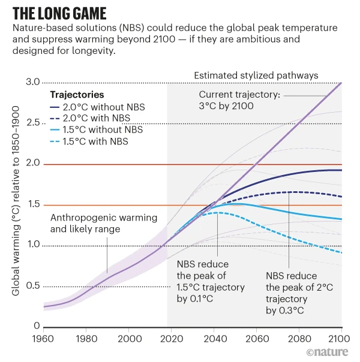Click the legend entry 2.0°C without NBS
click(100, 107)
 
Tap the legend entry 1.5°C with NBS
click(95, 141)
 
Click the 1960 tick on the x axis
click(44, 337)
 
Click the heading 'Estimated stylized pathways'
click(256, 76)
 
